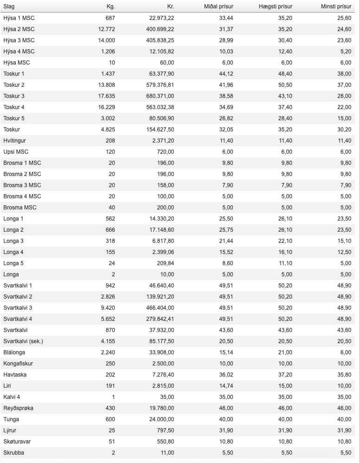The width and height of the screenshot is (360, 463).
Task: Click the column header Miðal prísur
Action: (x=219, y=7)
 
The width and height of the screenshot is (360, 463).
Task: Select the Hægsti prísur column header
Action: (x=276, y=7)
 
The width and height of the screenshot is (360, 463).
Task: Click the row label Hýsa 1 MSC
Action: (x=19, y=18)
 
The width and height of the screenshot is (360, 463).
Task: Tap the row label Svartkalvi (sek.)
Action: (x=23, y=341)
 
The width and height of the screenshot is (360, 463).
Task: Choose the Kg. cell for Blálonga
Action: (x=108, y=352)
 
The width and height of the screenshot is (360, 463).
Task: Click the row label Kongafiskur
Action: (x=18, y=364)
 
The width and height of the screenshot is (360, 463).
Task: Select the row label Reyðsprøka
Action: (x=19, y=408)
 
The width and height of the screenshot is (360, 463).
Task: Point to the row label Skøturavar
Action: (x=17, y=442)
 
